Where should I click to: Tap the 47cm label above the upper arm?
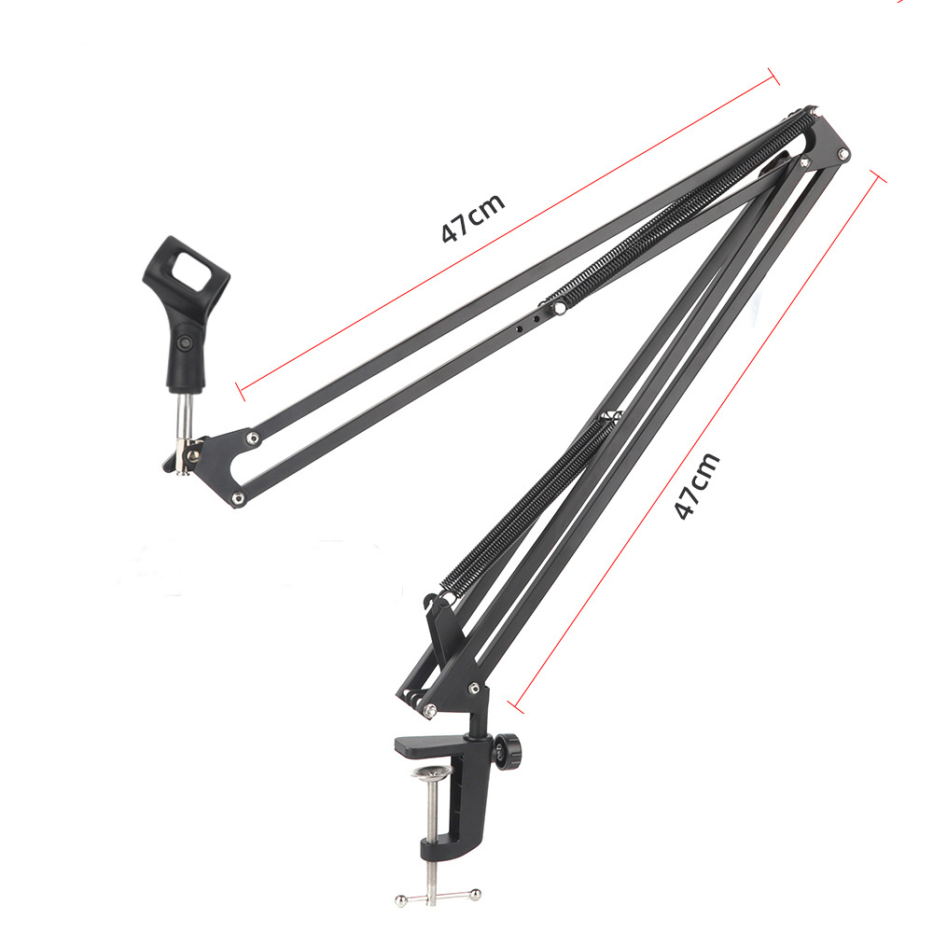coord(473,217)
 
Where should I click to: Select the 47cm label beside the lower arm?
coord(697,485)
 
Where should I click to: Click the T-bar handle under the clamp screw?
coord(439,897)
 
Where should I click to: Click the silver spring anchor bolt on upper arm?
coord(560,308)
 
